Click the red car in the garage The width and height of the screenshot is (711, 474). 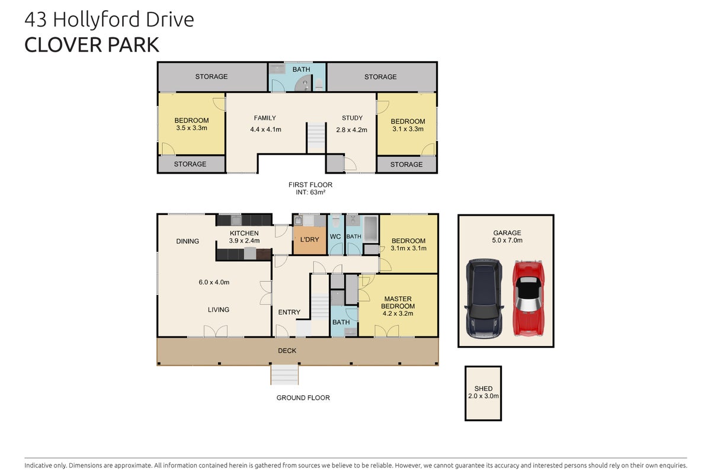coord(528,298)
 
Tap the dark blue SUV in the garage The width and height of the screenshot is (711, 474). coord(483,299)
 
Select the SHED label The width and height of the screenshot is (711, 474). coord(483,389)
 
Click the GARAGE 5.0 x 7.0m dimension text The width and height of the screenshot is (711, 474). coord(507,241)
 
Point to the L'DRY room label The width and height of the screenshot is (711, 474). coord(309,239)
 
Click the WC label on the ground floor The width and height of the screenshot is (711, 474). coord(335,236)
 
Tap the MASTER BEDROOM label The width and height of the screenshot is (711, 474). coord(398,303)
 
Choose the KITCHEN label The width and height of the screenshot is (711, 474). coord(244,233)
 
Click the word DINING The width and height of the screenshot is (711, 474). coord(188,241)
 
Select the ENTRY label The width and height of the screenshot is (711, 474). coord(289,312)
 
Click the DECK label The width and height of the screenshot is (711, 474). coord(287,351)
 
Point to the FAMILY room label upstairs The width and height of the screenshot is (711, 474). coord(265,118)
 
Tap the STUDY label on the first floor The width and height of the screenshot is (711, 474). coord(352,118)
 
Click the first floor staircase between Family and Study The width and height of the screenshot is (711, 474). coord(316,136)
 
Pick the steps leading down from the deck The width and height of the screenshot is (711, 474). coord(284,375)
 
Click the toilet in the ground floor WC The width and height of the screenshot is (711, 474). coord(336,221)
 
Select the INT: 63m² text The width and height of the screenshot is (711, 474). coord(310,193)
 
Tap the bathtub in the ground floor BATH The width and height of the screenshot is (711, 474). coord(370,229)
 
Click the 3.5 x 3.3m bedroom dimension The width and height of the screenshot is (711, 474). coord(192,128)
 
